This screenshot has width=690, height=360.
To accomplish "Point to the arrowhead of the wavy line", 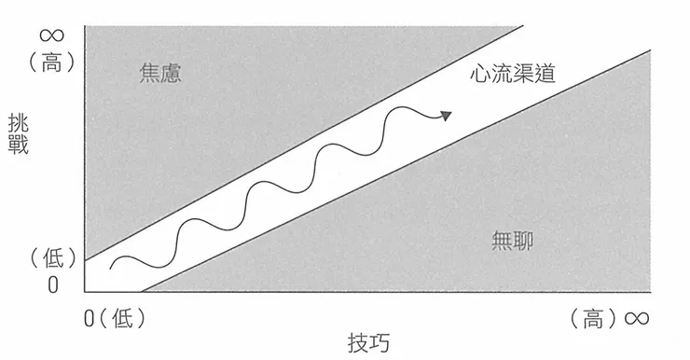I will [448, 116].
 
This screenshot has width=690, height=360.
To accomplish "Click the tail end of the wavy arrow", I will [112, 267].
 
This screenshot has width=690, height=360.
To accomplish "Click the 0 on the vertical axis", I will [52, 284].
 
